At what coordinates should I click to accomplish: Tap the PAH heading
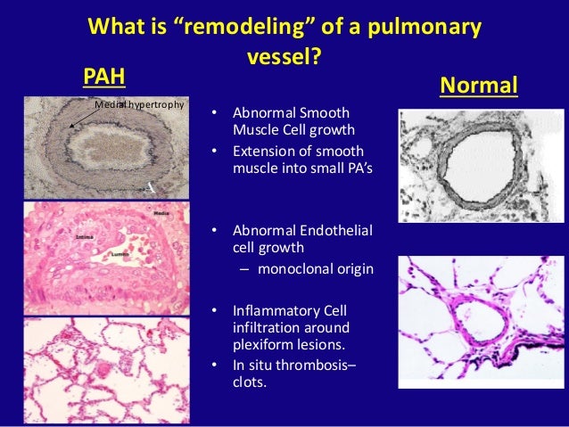(x=103, y=78)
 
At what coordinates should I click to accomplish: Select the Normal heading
(x=479, y=86)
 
